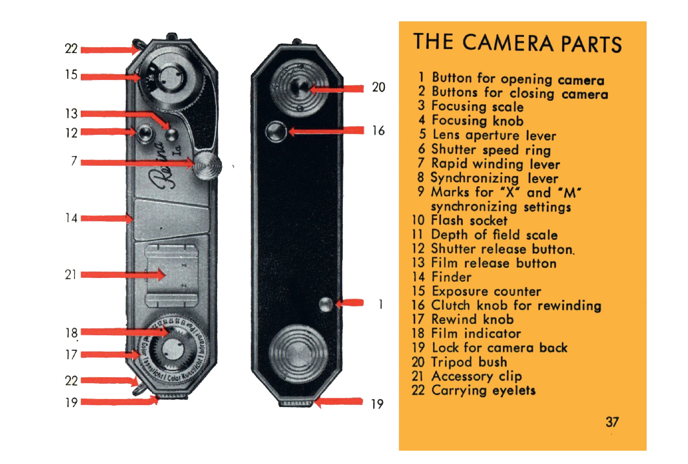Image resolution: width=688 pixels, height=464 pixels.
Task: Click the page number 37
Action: pos(612,422)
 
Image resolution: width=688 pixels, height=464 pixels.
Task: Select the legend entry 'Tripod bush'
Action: pos(469,362)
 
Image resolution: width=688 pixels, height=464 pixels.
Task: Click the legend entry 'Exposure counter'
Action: pos(486,291)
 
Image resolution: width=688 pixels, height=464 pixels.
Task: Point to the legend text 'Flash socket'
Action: pos(469,220)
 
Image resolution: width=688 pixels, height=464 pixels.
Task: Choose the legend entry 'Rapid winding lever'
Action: pos(496,164)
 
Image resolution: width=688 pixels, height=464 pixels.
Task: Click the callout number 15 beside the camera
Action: pos(71,75)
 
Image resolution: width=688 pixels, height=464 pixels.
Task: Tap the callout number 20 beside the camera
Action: pos(378,87)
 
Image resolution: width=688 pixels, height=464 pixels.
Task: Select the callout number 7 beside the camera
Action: pos(74,161)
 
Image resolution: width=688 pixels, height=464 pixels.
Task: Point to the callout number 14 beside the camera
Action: pos(71,218)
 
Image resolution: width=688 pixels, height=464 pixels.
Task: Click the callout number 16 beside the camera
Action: pos(378,130)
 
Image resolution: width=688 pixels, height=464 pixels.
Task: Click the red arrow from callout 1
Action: pos(349,303)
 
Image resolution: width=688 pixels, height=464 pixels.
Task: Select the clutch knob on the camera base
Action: pos(276,132)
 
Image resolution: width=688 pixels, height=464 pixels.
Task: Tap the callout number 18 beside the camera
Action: pos(71,333)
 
